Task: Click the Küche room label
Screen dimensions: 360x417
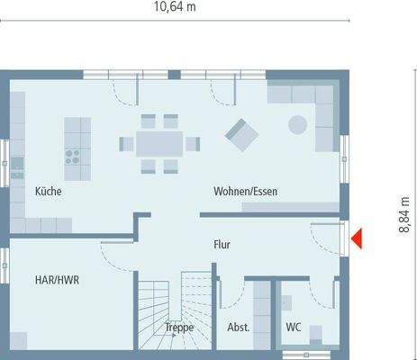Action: coord(47,192)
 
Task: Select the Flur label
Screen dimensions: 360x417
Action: coord(223,244)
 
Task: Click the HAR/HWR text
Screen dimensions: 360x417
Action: coord(58,280)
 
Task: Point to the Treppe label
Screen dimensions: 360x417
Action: coord(178,328)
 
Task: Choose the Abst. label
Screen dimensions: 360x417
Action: coord(238,328)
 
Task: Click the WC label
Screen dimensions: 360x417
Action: coord(293,328)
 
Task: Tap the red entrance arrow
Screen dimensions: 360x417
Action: coord(357,238)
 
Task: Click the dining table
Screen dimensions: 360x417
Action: coord(159,142)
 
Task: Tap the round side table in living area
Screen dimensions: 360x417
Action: coord(297,125)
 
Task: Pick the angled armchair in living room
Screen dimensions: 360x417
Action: coord(240,135)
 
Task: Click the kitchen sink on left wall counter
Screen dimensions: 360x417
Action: coord(17,166)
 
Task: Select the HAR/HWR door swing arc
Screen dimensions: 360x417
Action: coord(115,254)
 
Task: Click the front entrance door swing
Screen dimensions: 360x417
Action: coord(324,236)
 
